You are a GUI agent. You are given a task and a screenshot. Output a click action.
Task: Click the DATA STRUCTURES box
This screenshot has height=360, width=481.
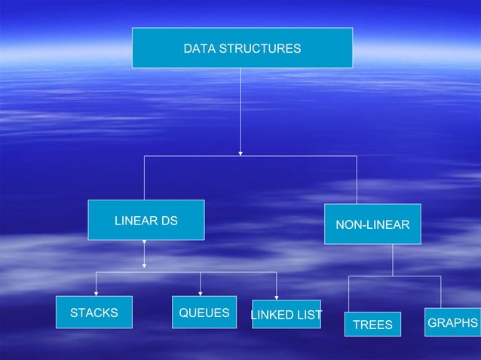[x=242, y=48]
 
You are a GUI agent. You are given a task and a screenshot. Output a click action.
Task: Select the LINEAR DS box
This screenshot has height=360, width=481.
[x=146, y=220]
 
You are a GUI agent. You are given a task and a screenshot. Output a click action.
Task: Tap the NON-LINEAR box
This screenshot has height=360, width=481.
[x=372, y=224]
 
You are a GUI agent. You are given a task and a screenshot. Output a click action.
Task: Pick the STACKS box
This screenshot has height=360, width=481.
[x=94, y=313]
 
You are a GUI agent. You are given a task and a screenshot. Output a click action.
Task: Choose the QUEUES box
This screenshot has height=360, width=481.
[x=204, y=313]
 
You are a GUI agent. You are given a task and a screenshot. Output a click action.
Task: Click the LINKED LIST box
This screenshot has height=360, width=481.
[x=286, y=314]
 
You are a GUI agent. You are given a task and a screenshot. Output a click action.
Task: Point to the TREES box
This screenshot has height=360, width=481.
[x=373, y=324]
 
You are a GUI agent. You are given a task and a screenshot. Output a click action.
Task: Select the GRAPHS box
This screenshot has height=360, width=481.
[x=452, y=322]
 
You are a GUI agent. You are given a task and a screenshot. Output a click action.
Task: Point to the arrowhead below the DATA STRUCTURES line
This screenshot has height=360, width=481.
[x=240, y=151]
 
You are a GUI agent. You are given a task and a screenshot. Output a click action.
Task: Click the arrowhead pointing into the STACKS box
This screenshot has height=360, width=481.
[x=96, y=293]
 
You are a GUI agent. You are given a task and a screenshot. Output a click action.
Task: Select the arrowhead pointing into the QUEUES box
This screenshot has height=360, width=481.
[x=201, y=293]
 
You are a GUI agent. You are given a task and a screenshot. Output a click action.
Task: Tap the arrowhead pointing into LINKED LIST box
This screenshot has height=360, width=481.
[x=277, y=296]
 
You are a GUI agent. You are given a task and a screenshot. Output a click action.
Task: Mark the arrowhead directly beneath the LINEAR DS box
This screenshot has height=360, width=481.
[x=145, y=264]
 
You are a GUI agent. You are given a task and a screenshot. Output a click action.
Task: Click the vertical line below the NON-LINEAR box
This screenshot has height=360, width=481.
[x=393, y=260]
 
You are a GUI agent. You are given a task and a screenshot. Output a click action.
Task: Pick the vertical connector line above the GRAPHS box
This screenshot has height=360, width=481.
[x=440, y=292]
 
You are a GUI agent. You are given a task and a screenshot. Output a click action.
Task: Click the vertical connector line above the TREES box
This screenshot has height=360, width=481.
[x=348, y=294]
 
